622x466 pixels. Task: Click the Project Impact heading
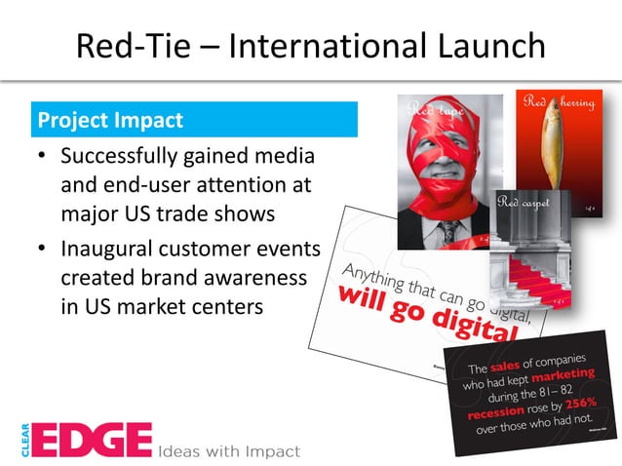click(x=109, y=121)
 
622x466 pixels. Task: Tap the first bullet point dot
click(x=41, y=157)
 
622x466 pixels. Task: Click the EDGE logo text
click(x=94, y=439)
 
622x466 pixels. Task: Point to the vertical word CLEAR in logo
click(x=21, y=439)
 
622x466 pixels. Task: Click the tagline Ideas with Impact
click(x=229, y=450)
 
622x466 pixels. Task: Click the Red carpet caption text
click(x=525, y=203)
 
